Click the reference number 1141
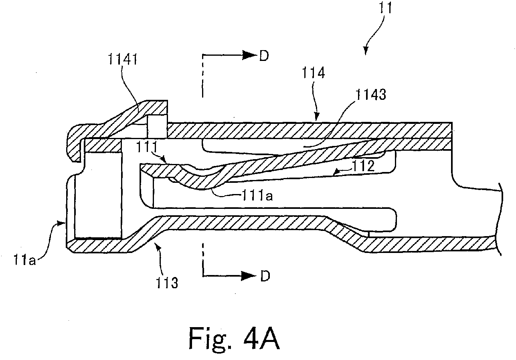pyautogui.click(x=123, y=59)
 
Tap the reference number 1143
pyautogui.click(x=370, y=95)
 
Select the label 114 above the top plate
pyautogui.click(x=313, y=73)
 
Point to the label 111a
pyautogui.click(x=257, y=196)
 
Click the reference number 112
pyautogui.click(x=363, y=166)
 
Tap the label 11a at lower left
pyautogui.click(x=24, y=260)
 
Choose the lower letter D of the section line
pyautogui.click(x=265, y=276)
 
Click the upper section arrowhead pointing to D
pyautogui.click(x=249, y=55)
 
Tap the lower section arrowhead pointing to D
pyautogui.click(x=249, y=276)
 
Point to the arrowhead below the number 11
pyautogui.click(x=366, y=50)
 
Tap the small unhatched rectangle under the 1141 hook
pyautogui.click(x=157, y=126)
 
